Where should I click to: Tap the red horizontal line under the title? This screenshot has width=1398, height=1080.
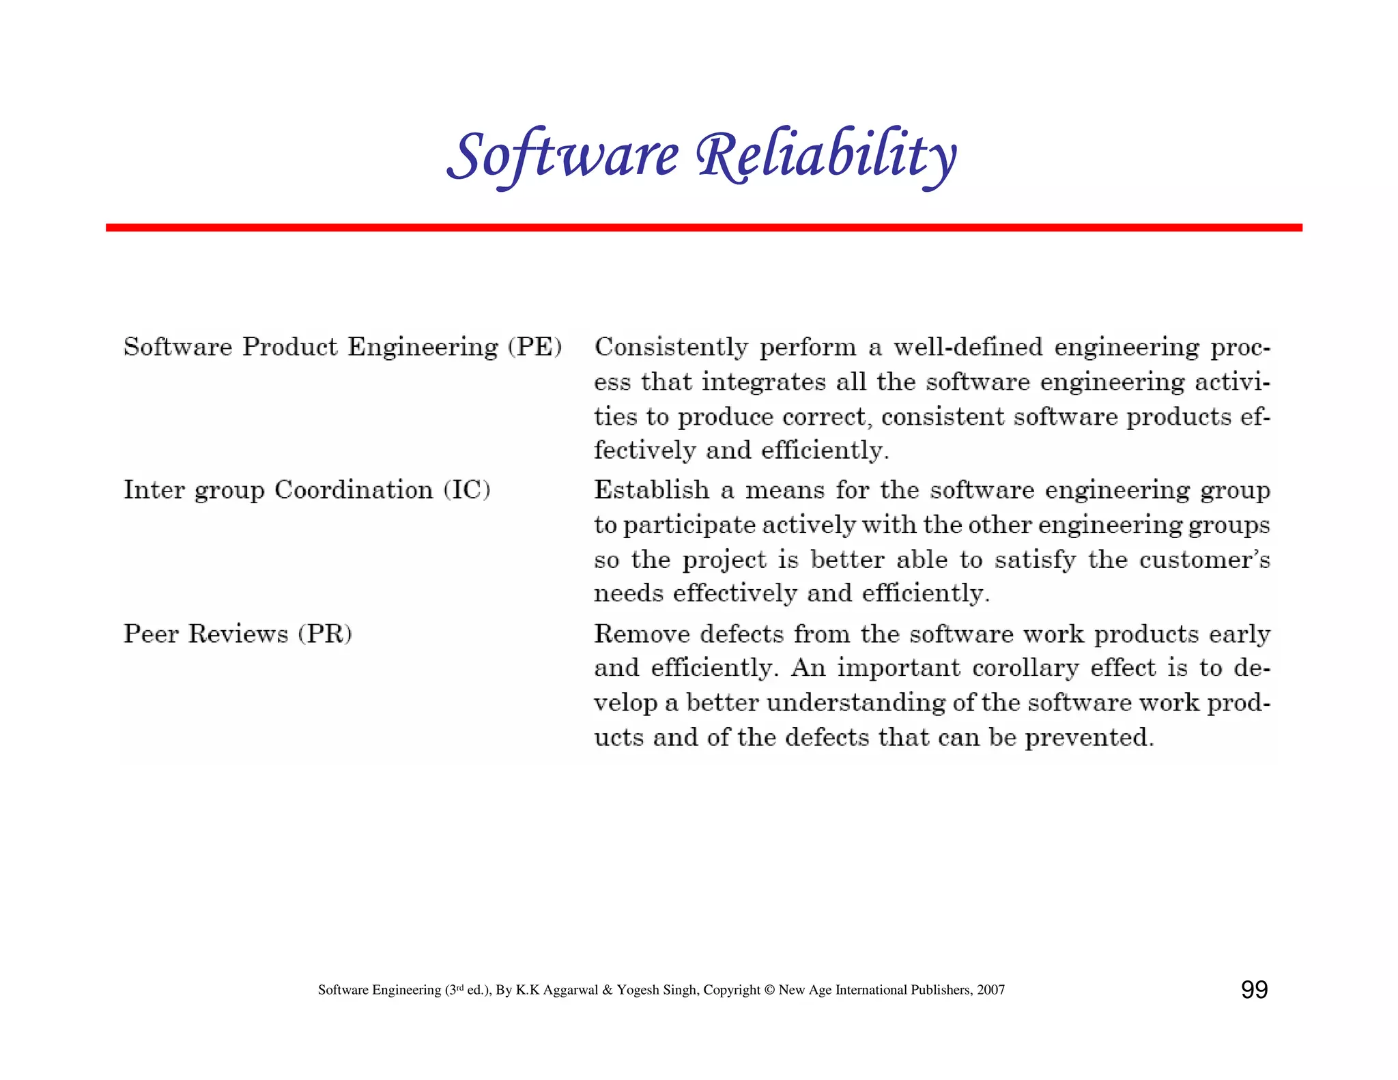click(703, 227)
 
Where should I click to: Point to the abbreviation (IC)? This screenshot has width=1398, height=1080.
click(467, 490)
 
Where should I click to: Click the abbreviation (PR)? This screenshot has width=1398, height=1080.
click(325, 634)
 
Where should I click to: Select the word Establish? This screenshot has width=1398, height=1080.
click(652, 490)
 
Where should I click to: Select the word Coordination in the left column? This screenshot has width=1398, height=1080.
click(354, 490)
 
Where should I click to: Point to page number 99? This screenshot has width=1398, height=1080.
click(1254, 989)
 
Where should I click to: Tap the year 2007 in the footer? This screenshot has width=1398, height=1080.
click(990, 990)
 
